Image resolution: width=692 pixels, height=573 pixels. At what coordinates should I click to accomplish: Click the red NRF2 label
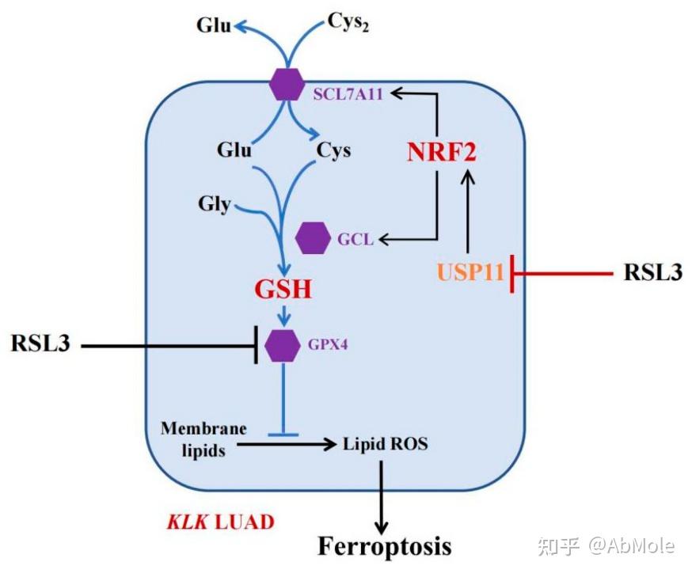(x=442, y=151)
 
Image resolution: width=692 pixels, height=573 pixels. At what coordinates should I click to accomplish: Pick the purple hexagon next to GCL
(x=313, y=238)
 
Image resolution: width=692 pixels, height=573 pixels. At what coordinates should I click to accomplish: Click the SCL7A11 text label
(x=348, y=95)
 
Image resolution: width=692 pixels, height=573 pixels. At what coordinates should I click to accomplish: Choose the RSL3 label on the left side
(x=40, y=344)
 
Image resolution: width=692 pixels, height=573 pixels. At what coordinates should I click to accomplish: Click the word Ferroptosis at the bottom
(x=385, y=545)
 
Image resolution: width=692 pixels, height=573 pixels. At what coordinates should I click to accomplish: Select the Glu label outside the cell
(x=215, y=25)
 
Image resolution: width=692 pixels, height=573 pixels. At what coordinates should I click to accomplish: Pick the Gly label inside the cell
(x=214, y=205)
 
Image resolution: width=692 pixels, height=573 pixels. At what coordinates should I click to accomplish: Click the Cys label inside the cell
(x=334, y=149)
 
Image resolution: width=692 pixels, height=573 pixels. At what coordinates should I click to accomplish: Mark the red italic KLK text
(x=184, y=522)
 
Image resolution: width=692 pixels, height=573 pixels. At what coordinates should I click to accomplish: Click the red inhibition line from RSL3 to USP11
(x=562, y=275)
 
